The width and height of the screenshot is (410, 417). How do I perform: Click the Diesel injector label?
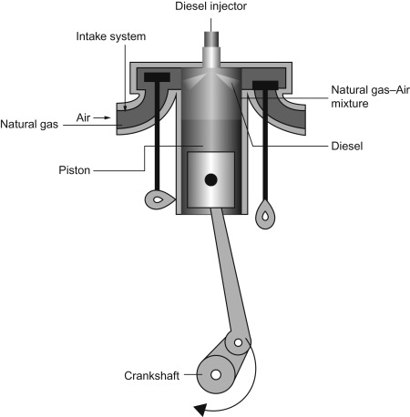[x=210, y=6]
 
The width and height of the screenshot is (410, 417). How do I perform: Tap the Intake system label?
[x=111, y=36]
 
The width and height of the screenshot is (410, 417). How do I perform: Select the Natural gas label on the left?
[x=29, y=124]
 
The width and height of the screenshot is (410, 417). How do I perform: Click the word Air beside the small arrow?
[x=83, y=117]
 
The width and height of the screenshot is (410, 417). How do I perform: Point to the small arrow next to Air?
[x=102, y=117]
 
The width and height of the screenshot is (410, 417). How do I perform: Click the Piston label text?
[x=75, y=170]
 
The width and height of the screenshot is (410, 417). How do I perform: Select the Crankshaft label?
[x=152, y=376]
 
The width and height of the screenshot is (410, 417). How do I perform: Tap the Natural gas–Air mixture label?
[x=370, y=97]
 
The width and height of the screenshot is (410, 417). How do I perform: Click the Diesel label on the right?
[x=347, y=146]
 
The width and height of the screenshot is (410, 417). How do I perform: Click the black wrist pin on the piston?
[x=210, y=180]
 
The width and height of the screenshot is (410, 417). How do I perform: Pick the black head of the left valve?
[x=157, y=77]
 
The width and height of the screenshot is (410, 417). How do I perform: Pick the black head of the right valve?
[x=265, y=86]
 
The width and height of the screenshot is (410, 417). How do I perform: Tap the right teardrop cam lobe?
[x=265, y=214]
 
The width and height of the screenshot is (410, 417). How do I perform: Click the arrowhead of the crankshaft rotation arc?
[x=200, y=410]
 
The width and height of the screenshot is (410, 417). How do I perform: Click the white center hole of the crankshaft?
[x=216, y=375]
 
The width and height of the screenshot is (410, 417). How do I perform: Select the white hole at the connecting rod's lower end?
[x=239, y=343]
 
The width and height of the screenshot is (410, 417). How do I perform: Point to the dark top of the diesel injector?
[x=211, y=39]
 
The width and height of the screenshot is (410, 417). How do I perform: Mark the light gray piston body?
[x=210, y=180]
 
